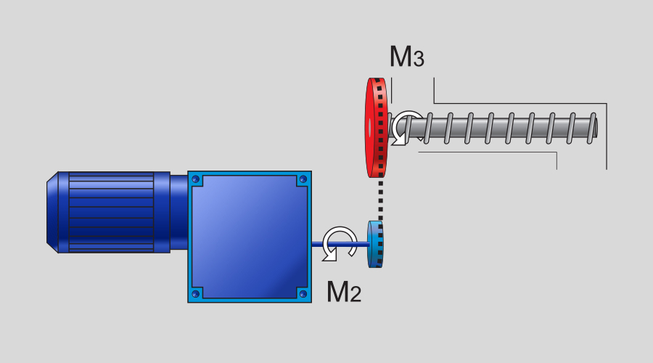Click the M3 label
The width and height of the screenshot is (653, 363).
pyautogui.click(x=407, y=56)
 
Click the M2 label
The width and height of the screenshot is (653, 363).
pyautogui.click(x=344, y=291)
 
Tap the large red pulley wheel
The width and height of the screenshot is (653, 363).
pyautogui.click(x=376, y=128)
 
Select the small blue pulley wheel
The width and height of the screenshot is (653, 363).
pyautogui.click(x=375, y=244)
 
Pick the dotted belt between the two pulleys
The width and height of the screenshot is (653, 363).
pyautogui.click(x=381, y=199)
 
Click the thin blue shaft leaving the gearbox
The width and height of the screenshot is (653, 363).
pyautogui.click(x=340, y=245)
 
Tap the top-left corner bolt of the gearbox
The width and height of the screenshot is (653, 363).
pyautogui.click(x=195, y=179)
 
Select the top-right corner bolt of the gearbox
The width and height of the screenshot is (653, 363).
pyautogui.click(x=303, y=179)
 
